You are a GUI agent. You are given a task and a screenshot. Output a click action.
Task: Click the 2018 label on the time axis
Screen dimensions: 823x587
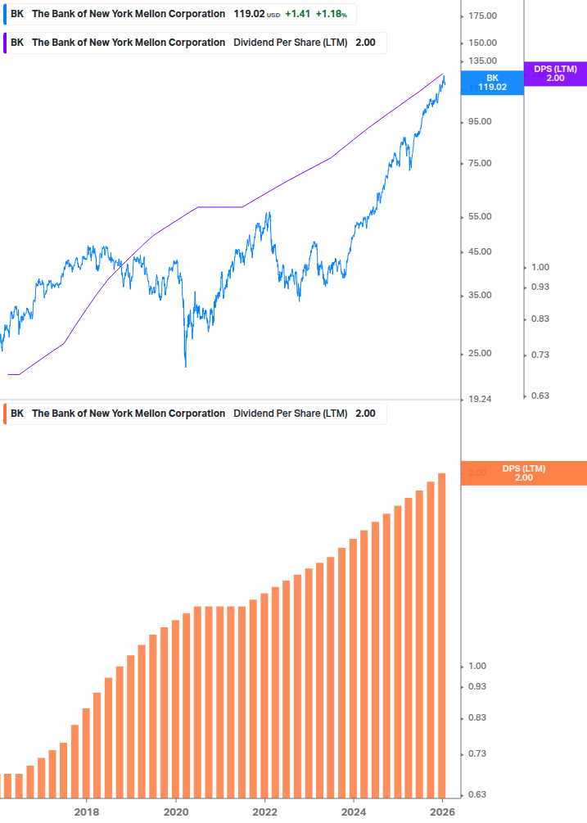(87, 812)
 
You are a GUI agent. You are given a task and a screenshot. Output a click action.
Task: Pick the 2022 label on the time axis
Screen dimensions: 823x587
(264, 812)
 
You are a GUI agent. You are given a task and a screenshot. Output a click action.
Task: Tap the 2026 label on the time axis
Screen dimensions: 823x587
(442, 812)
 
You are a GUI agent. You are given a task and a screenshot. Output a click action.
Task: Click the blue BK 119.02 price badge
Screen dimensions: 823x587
(492, 82)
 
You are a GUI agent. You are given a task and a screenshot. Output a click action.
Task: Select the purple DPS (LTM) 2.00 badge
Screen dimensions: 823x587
(554, 74)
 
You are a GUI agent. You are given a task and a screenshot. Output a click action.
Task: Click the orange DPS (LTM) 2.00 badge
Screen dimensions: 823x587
(523, 473)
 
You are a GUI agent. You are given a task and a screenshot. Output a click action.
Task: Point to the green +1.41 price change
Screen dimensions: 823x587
(298, 14)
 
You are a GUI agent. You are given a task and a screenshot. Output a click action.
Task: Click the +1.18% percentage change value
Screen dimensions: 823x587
(331, 14)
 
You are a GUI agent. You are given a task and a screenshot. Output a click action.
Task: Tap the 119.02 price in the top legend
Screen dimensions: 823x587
(248, 14)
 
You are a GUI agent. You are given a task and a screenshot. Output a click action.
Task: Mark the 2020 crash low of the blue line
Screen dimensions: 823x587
(186, 365)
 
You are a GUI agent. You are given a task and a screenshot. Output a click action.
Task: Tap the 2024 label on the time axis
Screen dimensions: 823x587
(353, 812)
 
